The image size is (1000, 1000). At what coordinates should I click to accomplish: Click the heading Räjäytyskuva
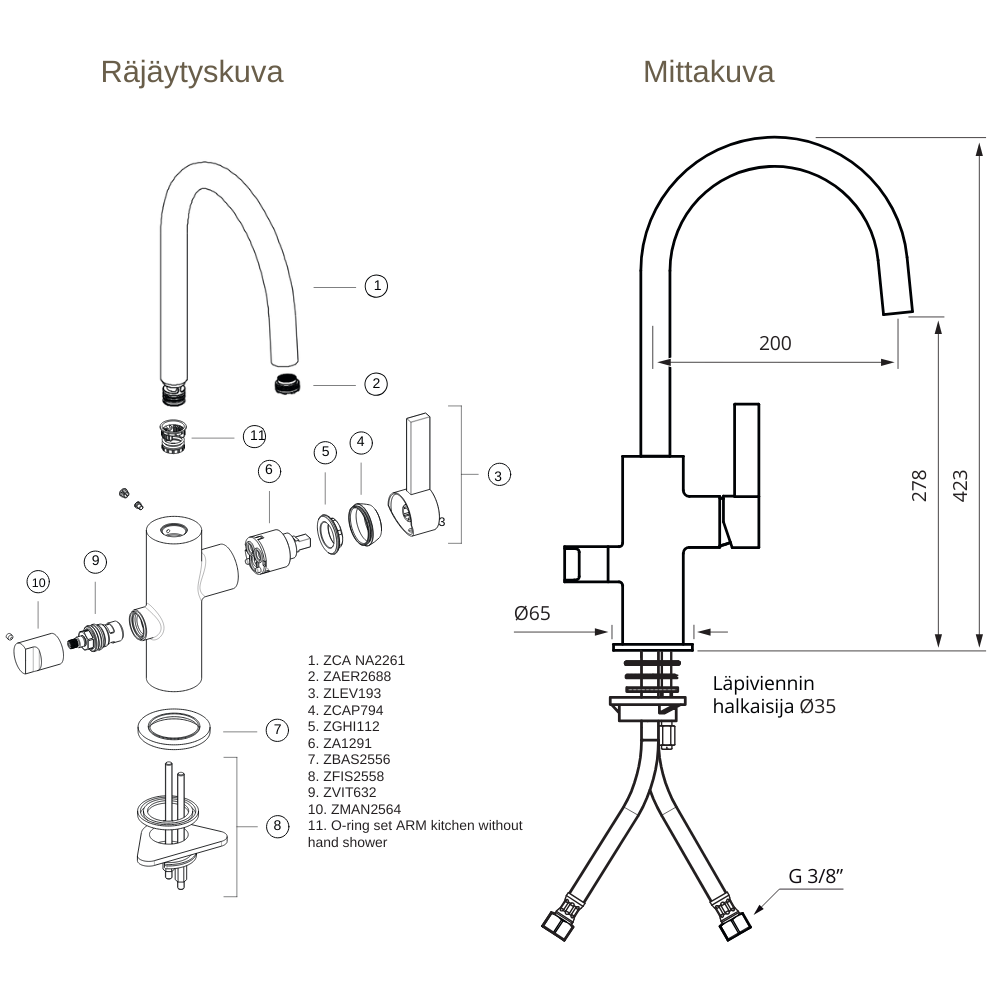191,72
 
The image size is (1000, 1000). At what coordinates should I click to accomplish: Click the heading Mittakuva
708,72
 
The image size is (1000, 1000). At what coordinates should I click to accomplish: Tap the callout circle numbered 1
376,286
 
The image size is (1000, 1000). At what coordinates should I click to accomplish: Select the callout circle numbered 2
376,383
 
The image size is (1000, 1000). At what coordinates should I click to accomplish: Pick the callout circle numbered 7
278,731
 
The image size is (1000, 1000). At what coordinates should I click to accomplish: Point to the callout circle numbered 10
38,582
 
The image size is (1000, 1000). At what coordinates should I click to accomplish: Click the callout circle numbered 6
267,469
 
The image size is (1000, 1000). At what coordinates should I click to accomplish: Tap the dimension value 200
775,343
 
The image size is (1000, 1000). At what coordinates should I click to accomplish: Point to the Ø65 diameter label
532,613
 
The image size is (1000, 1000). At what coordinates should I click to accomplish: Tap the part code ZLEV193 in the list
345,693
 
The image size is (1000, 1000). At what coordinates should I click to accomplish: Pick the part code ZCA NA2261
357,660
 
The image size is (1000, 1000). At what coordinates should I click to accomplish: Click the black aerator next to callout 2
288,383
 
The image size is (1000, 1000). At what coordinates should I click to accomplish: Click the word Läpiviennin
763,683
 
